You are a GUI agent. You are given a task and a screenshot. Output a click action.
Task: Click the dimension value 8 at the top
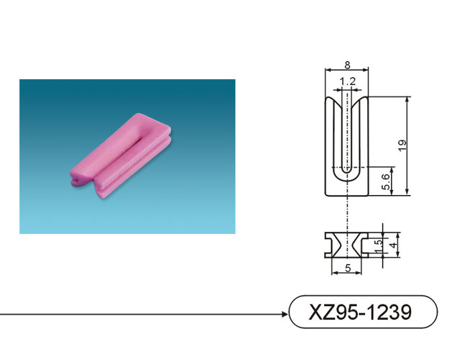click(347, 65)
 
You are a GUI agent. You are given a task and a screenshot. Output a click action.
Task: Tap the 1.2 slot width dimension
click(348, 81)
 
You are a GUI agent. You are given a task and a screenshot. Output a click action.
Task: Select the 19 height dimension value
click(402, 145)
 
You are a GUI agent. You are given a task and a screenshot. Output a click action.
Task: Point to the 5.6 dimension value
click(386, 181)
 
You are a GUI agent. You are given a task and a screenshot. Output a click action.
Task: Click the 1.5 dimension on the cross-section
click(378, 246)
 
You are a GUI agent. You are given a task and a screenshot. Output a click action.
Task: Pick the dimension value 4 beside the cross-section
click(394, 245)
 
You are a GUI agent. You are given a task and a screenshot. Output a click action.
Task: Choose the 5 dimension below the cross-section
click(348, 269)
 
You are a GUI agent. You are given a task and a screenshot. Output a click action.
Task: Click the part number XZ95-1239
click(360, 312)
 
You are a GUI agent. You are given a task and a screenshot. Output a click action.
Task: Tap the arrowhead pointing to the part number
click(285, 314)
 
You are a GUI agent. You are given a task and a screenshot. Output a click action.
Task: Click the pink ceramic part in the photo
click(121, 156)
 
